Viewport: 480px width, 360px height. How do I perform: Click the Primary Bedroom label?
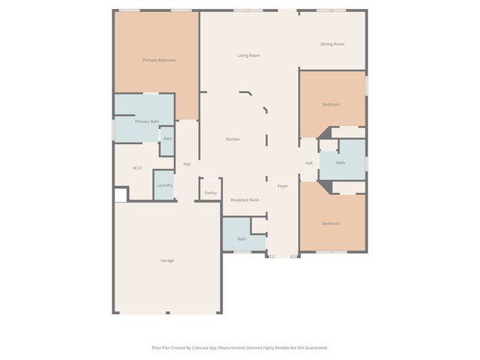[159, 60]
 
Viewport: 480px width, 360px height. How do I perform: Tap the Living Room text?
[249, 55]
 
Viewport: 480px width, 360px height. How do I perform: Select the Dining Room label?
[332, 44]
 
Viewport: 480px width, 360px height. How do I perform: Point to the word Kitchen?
[233, 139]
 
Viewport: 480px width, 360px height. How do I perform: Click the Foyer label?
[283, 186]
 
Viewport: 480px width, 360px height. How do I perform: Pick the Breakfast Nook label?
[244, 200]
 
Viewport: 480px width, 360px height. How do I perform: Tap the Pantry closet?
[210, 193]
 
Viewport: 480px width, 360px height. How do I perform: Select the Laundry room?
[164, 185]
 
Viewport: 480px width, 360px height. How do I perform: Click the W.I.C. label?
[138, 168]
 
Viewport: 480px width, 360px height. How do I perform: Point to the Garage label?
[167, 260]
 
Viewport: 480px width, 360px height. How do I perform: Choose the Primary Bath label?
[147, 121]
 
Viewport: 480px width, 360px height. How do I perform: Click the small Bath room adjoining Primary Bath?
[168, 139]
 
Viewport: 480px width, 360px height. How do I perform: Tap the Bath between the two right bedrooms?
[340, 163]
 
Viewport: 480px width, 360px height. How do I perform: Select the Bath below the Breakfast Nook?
[241, 239]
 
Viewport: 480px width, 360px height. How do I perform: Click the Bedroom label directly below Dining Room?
[331, 104]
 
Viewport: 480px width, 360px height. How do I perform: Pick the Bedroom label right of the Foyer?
[331, 223]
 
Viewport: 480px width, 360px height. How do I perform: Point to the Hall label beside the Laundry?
[187, 163]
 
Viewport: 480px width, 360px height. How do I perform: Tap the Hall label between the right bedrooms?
[308, 163]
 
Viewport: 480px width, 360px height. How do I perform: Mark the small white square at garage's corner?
[120, 195]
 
